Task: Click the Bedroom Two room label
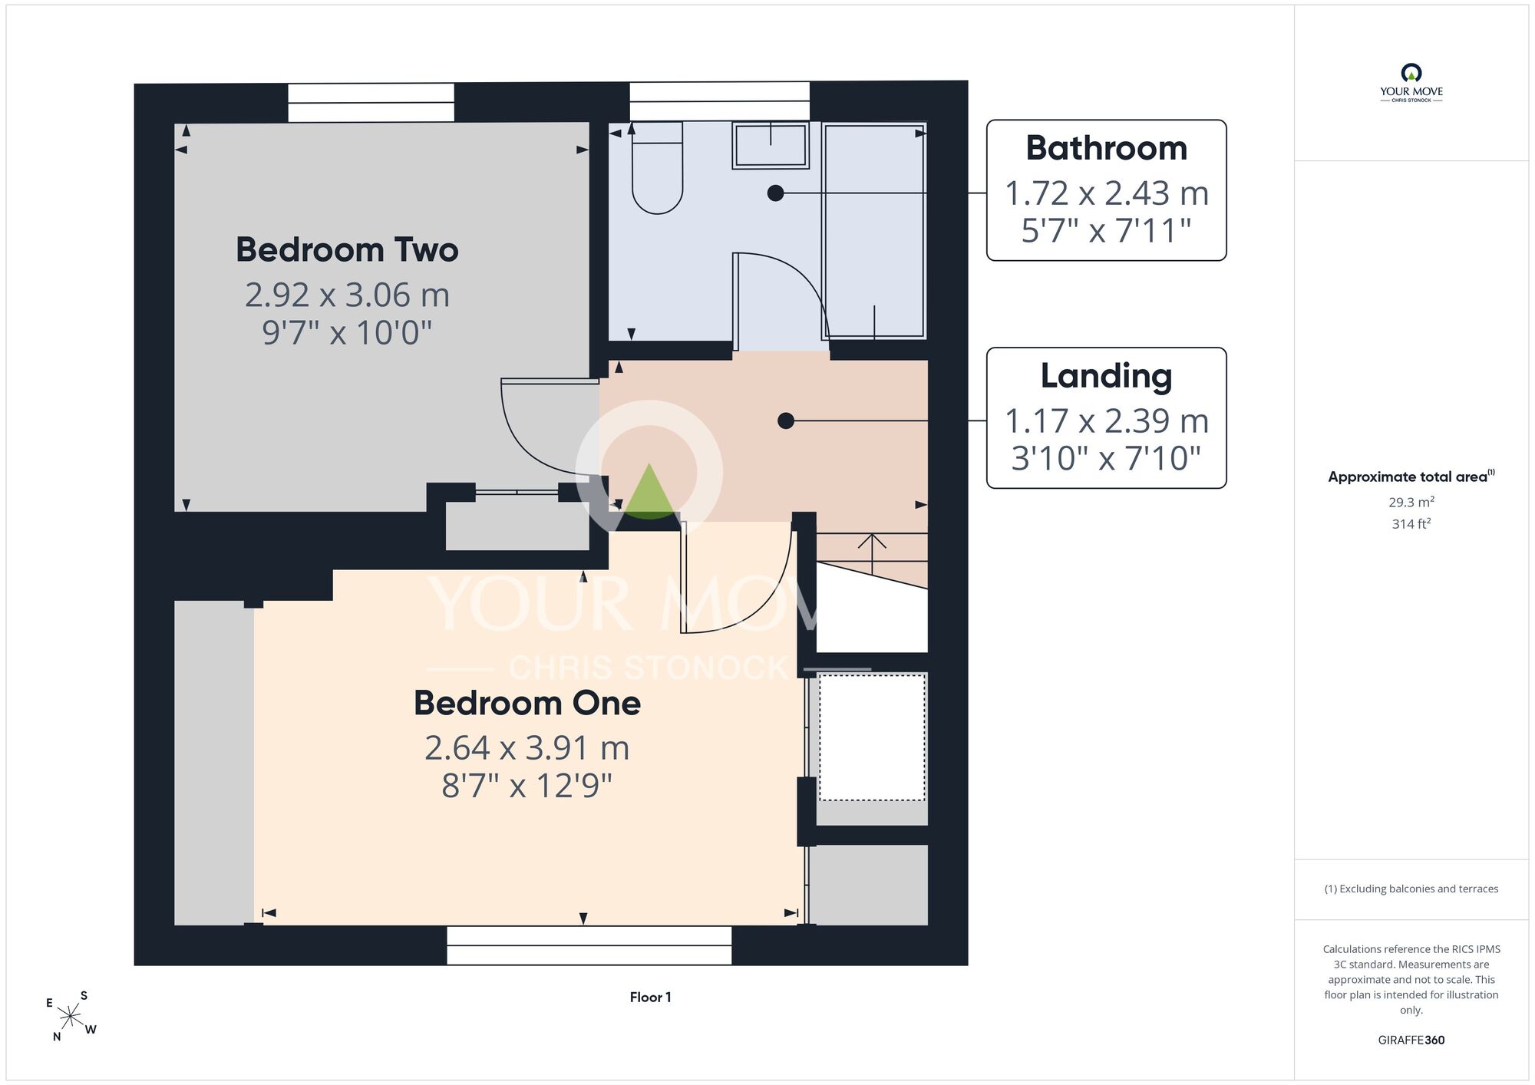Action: [347, 249]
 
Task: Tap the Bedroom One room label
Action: [527, 703]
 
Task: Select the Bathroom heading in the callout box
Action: [1106, 148]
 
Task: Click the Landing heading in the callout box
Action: [1106, 376]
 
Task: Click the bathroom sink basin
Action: [771, 145]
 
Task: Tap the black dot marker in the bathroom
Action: [775, 193]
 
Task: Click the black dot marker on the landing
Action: [785, 420]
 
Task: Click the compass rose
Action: [71, 1017]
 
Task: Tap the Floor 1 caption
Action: [650, 998]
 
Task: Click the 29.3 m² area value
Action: [1411, 502]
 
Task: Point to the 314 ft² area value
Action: [1411, 523]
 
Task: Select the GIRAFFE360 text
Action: [1411, 1040]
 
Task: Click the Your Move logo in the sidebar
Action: [1411, 83]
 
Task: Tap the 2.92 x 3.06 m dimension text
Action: [347, 295]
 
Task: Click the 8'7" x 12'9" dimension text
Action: [527, 786]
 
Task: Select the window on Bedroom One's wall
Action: [589, 945]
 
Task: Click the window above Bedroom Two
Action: [371, 103]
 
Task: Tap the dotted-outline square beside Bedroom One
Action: [872, 737]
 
